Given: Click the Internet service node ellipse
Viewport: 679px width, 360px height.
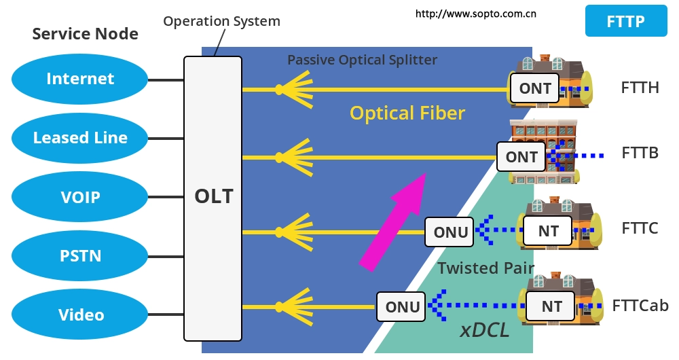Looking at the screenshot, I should (x=80, y=79).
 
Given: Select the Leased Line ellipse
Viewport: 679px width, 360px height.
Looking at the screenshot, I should (x=80, y=138).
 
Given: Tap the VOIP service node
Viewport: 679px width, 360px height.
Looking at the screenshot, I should (x=80, y=197).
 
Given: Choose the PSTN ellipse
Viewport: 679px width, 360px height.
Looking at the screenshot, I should (x=80, y=256).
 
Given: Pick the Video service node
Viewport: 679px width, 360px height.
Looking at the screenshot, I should (x=80, y=314).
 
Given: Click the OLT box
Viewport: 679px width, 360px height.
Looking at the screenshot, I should (x=213, y=198).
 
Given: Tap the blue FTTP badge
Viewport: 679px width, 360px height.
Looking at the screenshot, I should (x=625, y=21).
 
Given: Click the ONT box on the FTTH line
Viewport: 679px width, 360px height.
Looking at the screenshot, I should (x=535, y=88).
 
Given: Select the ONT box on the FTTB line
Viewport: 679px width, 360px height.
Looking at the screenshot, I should (x=521, y=157).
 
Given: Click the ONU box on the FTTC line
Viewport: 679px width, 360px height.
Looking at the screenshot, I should (x=451, y=232).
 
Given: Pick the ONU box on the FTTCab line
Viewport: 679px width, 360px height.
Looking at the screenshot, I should (x=402, y=306).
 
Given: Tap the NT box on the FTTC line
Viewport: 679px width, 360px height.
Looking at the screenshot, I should (x=548, y=231).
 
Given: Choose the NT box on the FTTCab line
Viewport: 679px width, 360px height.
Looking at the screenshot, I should (x=551, y=306).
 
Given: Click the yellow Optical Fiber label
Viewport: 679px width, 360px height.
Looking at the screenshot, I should (x=407, y=113).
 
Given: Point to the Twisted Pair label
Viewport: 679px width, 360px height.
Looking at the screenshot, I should (x=485, y=268).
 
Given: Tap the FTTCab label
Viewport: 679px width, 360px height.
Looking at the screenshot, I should (x=640, y=305).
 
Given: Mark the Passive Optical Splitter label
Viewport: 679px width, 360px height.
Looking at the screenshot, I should (x=362, y=60).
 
